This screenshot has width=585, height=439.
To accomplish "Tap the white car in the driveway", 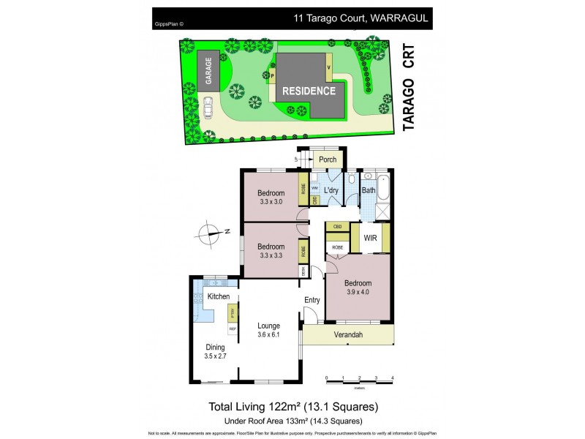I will [208, 108].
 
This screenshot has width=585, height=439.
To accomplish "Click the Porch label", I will [328, 160].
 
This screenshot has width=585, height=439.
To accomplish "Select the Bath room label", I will [368, 191].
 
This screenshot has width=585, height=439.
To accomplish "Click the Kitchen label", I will [219, 296].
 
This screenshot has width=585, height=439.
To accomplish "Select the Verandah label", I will [348, 335].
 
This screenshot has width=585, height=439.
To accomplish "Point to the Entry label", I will [312, 300].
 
